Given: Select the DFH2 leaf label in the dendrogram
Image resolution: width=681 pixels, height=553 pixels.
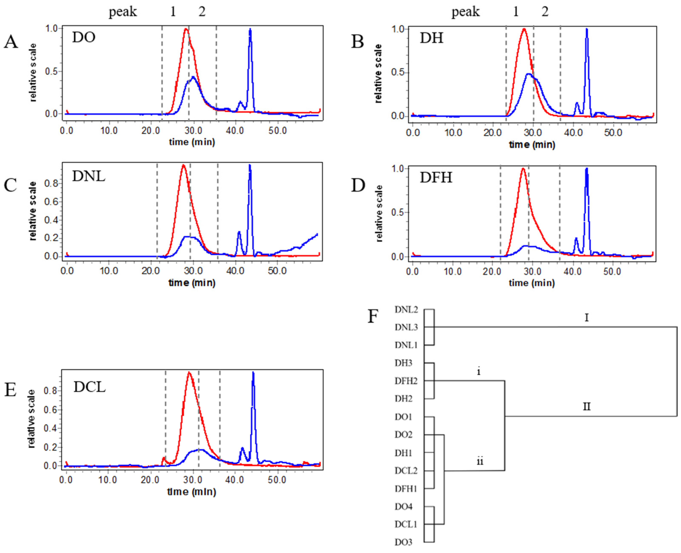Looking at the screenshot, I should (406, 381).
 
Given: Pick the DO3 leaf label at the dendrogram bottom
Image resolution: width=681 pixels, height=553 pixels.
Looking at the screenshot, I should (403, 542).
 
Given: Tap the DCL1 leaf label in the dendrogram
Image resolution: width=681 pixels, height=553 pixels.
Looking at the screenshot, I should (406, 524).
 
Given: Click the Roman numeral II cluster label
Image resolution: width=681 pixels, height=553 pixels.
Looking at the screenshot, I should (587, 407).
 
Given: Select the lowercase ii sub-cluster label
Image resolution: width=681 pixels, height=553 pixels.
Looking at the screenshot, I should (480, 461).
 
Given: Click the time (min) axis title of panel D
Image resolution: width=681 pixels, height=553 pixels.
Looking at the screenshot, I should (532, 283).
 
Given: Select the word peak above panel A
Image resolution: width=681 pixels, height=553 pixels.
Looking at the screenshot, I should (123, 12).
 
